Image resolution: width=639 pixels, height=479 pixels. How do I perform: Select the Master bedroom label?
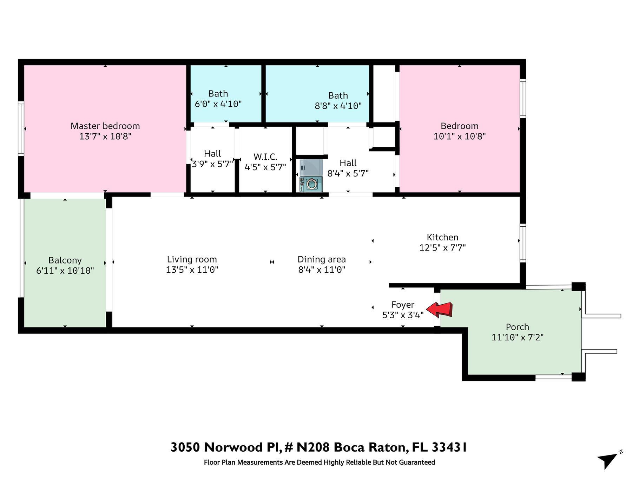105,126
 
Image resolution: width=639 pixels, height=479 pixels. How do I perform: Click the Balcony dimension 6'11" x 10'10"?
65,271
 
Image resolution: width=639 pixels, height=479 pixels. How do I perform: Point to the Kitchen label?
442,237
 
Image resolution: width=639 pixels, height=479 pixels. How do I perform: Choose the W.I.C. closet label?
265,157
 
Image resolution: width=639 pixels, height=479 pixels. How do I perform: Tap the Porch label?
517,327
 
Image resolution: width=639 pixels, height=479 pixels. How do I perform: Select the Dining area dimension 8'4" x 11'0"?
322,270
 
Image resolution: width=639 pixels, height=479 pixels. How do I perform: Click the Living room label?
192,259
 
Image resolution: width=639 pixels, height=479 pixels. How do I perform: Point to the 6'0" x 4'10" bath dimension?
218,104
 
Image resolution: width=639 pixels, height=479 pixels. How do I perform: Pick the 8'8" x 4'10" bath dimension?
338,106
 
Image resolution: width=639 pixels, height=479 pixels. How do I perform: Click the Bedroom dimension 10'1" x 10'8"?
459,136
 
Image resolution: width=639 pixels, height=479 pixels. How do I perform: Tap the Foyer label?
403,305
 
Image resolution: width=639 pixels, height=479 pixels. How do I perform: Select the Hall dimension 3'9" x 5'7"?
212,164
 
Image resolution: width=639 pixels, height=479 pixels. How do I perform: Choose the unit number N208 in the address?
313,447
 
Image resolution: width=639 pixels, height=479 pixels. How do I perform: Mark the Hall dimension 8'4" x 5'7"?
348,173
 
